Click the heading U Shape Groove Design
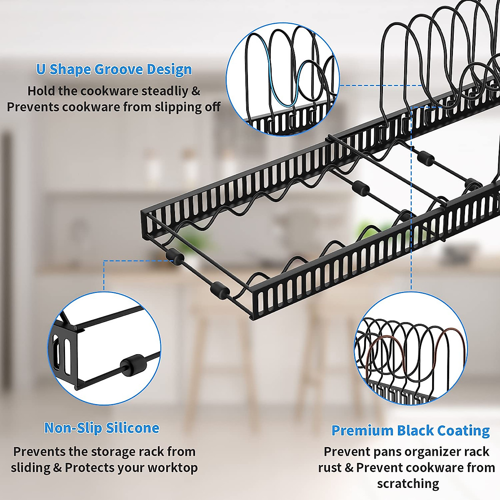pos(114,69)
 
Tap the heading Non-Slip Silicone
pos(102,428)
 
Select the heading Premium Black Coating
pos(410,430)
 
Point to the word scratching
pos(408,484)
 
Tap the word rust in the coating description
pos(330,468)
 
